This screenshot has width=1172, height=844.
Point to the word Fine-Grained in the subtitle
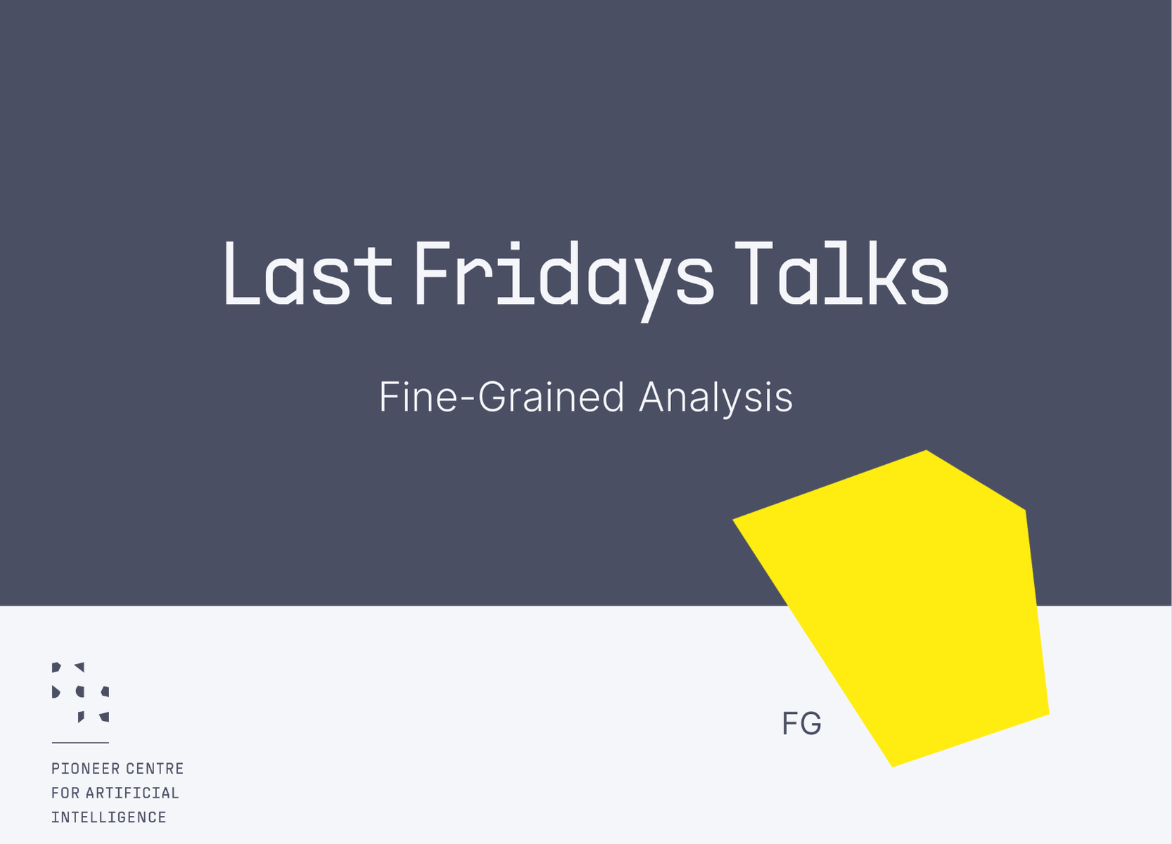click(x=501, y=397)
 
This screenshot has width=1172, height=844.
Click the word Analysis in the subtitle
click(x=715, y=398)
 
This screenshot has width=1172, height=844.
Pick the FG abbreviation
click(x=801, y=724)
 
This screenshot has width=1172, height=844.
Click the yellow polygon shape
click(x=915, y=605)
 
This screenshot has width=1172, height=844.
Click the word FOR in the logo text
click(x=65, y=793)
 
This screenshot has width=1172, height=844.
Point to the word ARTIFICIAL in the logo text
click(x=132, y=793)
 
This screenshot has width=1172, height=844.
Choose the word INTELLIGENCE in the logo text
click(x=109, y=817)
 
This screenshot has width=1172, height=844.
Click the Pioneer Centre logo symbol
click(x=80, y=692)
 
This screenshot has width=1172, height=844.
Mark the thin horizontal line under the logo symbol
click(x=80, y=742)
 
